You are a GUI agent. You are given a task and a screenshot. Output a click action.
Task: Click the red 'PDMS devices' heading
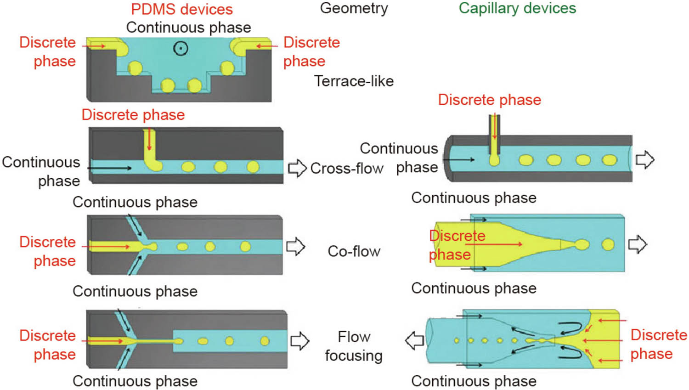point(182,9)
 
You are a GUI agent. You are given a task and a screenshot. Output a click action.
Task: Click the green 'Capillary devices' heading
point(517,8)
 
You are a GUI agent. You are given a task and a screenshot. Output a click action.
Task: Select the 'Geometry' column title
point(354,8)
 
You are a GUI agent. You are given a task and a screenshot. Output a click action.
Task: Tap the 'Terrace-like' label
point(354,81)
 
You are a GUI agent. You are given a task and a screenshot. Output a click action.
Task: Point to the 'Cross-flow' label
point(346,169)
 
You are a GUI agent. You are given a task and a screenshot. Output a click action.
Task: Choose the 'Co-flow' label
point(354,251)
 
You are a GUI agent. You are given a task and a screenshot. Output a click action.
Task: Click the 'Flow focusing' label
point(354,346)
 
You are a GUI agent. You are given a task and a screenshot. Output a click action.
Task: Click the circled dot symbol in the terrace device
point(181,48)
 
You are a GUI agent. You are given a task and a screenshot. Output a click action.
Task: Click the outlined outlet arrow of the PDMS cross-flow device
point(297,168)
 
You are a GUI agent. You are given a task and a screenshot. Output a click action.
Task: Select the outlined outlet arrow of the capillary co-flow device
point(638,244)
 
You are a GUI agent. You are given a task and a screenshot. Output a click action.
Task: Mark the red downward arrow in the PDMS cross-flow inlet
point(149,140)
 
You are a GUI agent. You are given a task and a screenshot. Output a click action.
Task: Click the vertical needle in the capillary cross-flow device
point(494,136)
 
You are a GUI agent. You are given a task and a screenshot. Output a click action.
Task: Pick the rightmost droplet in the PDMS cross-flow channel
point(253,166)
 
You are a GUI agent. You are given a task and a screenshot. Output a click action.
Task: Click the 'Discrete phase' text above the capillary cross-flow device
point(489,100)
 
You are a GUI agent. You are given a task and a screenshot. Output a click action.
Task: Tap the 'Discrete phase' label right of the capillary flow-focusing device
point(658,344)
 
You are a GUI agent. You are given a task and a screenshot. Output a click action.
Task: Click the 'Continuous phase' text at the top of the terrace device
point(188,28)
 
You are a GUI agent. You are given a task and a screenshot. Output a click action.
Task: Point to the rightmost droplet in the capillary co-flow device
point(608,244)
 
